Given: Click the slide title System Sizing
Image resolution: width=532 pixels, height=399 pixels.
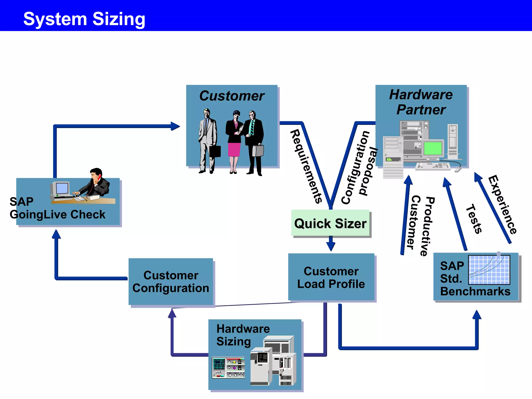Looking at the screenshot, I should [x=84, y=19].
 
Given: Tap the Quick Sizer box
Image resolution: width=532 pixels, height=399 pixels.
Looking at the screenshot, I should [x=330, y=223].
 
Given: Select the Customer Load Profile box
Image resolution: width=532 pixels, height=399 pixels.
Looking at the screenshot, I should [x=331, y=277].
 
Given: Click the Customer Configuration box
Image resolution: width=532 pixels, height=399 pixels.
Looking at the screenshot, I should [x=171, y=282].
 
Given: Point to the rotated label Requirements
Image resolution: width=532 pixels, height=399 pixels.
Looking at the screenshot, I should [x=306, y=166].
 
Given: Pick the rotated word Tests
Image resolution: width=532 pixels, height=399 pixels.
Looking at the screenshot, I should [x=474, y=219].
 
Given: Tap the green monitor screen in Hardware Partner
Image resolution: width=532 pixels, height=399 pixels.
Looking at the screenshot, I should [x=433, y=148].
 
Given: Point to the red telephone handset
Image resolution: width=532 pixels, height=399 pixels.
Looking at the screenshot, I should [x=99, y=178].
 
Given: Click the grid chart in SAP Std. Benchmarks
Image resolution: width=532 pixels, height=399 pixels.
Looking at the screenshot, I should [x=489, y=270].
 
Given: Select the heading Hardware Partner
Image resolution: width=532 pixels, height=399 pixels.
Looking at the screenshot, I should [x=421, y=102].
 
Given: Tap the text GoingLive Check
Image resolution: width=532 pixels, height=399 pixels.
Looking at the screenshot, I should [x=57, y=215].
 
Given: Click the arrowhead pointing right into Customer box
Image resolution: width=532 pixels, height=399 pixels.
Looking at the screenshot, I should [x=176, y=126].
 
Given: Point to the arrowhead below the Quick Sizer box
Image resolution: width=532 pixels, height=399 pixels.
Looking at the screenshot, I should [x=331, y=247].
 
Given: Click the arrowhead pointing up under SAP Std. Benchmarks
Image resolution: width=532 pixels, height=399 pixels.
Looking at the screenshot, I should [x=477, y=315].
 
